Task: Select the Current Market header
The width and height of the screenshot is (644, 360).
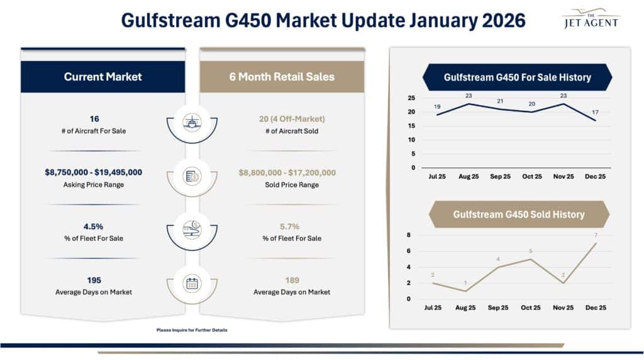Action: pos(103,77)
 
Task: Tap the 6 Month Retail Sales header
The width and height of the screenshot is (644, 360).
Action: pos(282,77)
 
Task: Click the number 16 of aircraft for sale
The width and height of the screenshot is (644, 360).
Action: pos(94,118)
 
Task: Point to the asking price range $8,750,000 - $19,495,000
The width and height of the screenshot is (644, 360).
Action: pos(94,172)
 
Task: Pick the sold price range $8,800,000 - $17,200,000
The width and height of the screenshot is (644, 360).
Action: pos(287,172)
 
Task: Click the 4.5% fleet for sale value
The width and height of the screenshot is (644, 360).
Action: pos(94,226)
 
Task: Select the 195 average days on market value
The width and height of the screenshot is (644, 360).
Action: pos(94,280)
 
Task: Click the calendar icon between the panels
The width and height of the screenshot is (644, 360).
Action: pos(192,283)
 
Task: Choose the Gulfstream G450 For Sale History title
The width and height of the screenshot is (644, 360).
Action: pos(517,77)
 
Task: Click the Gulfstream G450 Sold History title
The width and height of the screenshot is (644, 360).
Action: pos(518,215)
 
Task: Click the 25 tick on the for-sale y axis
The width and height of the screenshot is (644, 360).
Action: pos(411,98)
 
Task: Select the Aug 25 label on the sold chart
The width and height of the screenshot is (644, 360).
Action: pos(465,308)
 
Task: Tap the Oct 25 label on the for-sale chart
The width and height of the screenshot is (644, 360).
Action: pos(531,177)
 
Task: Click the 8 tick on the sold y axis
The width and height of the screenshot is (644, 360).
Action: pos(409,235)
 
